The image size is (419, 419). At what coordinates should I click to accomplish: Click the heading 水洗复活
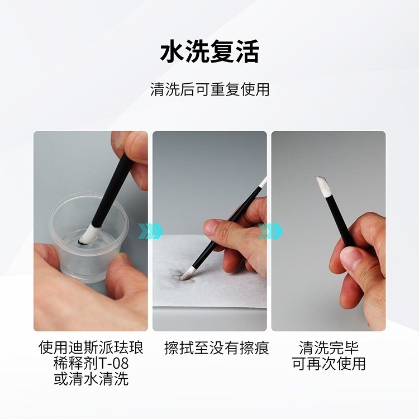pyautogui.click(x=209, y=53)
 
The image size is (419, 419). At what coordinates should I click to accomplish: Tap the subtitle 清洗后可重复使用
pyautogui.click(x=209, y=89)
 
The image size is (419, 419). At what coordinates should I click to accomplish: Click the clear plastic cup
pyautogui.click(x=92, y=246)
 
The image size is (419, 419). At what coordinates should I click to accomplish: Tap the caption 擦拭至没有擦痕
pyautogui.click(x=216, y=348)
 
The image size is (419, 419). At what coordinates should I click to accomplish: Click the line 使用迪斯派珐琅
pyautogui.click(x=91, y=347)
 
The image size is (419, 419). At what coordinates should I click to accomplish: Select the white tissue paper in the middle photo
pyautogui.click(x=223, y=296)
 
